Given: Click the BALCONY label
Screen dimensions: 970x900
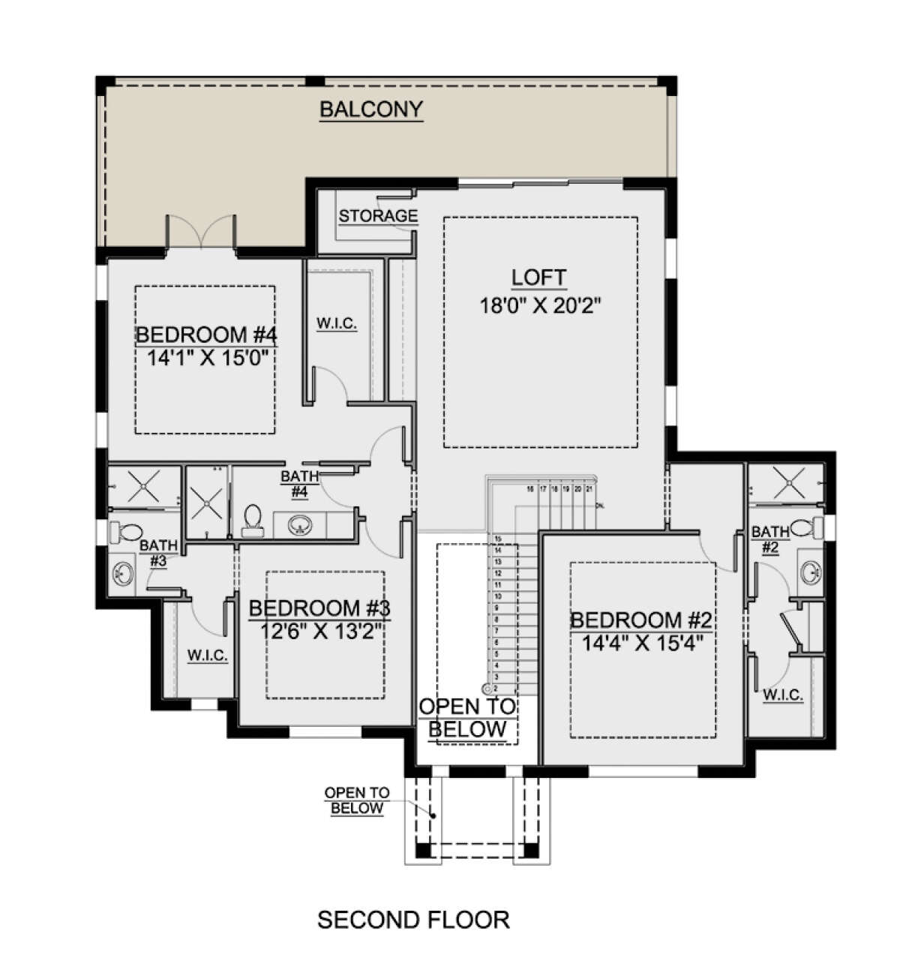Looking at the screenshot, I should tap(371, 110).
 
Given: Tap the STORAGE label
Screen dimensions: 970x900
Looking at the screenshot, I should tap(378, 216).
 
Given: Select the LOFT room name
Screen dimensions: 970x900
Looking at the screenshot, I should tap(538, 278).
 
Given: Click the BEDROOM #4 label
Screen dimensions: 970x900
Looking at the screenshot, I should tap(206, 335).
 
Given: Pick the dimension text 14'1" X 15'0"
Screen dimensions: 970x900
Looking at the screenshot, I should tap(208, 359).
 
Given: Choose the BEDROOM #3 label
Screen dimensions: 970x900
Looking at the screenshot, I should tap(319, 608).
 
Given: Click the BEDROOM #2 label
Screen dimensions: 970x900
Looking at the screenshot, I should tap(640, 620).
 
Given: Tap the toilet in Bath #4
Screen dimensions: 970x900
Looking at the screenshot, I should tap(252, 519).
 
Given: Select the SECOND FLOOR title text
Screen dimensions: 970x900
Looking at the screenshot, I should tap(413, 919).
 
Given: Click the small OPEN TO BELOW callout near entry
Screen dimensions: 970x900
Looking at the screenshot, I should tap(356, 800).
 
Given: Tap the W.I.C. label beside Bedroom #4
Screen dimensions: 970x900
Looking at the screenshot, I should tap(337, 324).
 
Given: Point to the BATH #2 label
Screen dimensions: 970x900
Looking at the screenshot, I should tap(769, 540).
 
